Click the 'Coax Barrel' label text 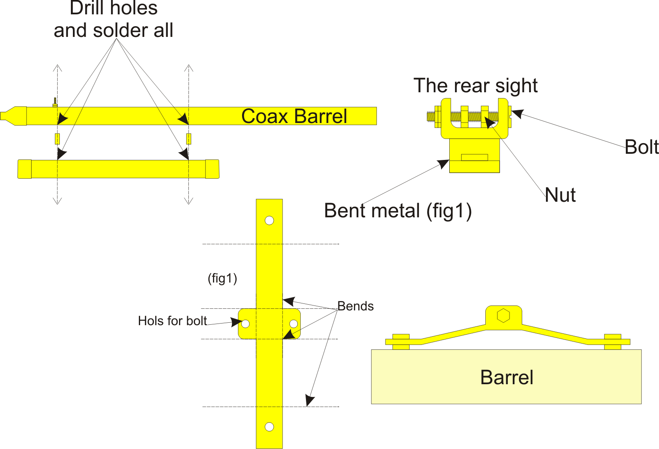294,116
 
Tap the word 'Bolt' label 641,147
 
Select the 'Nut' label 560,195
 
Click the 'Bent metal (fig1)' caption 398,211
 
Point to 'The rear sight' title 475,86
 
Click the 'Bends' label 356,306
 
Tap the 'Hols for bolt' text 172,321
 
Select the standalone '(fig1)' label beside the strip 222,278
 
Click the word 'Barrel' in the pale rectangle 507,377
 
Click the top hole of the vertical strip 269,221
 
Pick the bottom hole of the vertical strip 269,427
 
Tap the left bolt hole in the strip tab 245,324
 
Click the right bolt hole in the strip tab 293,324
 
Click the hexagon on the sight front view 503,316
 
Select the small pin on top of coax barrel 55,102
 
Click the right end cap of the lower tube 212,169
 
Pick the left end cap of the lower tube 25,169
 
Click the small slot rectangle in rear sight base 474,157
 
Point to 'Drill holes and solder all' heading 113,20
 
